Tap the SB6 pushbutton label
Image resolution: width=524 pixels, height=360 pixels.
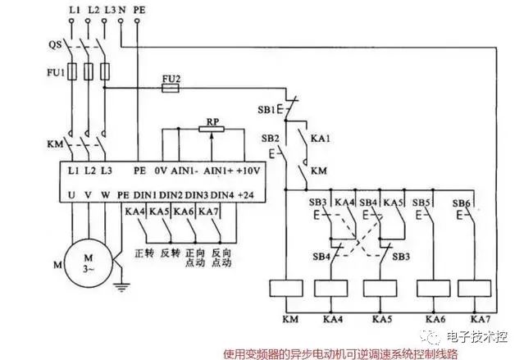click(x=462, y=202)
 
